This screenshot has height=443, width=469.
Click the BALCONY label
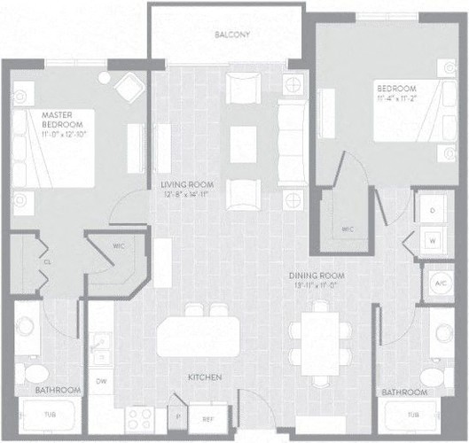point(233,35)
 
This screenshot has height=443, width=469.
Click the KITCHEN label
point(204,377)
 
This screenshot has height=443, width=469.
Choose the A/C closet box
point(440,283)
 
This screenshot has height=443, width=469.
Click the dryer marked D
point(433,211)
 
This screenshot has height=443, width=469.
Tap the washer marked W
point(433,240)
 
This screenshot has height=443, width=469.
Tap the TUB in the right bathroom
point(413,416)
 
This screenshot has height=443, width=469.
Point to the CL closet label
point(46,261)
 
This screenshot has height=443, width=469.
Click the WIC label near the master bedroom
point(116,247)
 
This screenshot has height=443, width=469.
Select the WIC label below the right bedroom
point(347,229)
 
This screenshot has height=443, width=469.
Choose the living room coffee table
point(242,144)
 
